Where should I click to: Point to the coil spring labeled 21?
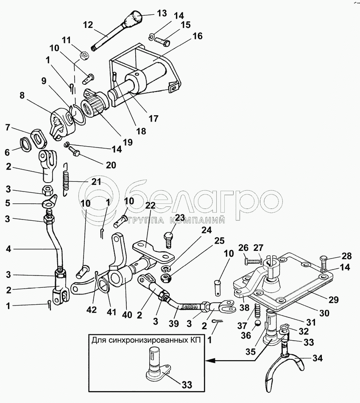66,180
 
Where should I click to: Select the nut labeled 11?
84,55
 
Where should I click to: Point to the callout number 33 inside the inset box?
186,384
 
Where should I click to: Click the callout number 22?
150,206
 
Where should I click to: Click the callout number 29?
334,300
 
